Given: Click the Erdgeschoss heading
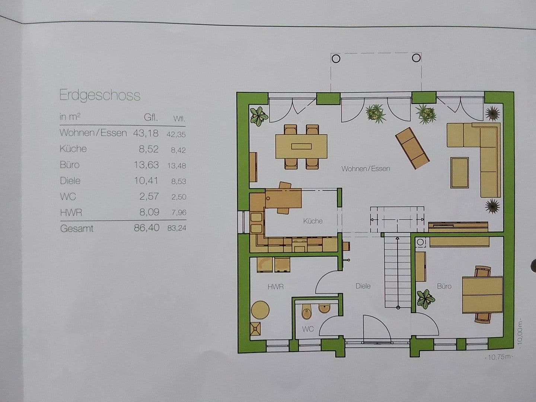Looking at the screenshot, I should tap(100, 96).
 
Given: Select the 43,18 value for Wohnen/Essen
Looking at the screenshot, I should tap(146, 133).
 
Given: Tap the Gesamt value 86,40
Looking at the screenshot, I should tap(146, 228).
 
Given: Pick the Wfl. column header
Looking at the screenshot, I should tap(179, 119).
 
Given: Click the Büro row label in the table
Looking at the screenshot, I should tap(70, 165).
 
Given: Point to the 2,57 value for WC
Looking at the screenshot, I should tap(149, 196).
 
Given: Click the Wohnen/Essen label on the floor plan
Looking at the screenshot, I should tap(366, 169).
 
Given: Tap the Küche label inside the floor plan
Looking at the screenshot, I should tap(313, 221).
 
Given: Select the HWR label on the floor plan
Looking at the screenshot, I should tap(275, 287).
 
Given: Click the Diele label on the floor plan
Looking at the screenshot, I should tap(363, 286).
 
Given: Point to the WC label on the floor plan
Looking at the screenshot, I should tap(308, 329).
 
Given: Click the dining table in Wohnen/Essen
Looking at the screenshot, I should tap(301, 146).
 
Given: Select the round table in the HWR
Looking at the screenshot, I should tap(260, 310).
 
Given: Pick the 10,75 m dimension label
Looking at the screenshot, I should tap(498, 357).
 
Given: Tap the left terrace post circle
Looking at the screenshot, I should tap(336, 58).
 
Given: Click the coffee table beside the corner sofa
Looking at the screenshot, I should tap(460, 173).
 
